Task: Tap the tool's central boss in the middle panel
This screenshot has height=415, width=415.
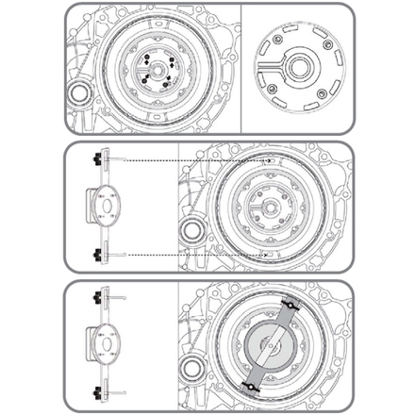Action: point(107,206)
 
